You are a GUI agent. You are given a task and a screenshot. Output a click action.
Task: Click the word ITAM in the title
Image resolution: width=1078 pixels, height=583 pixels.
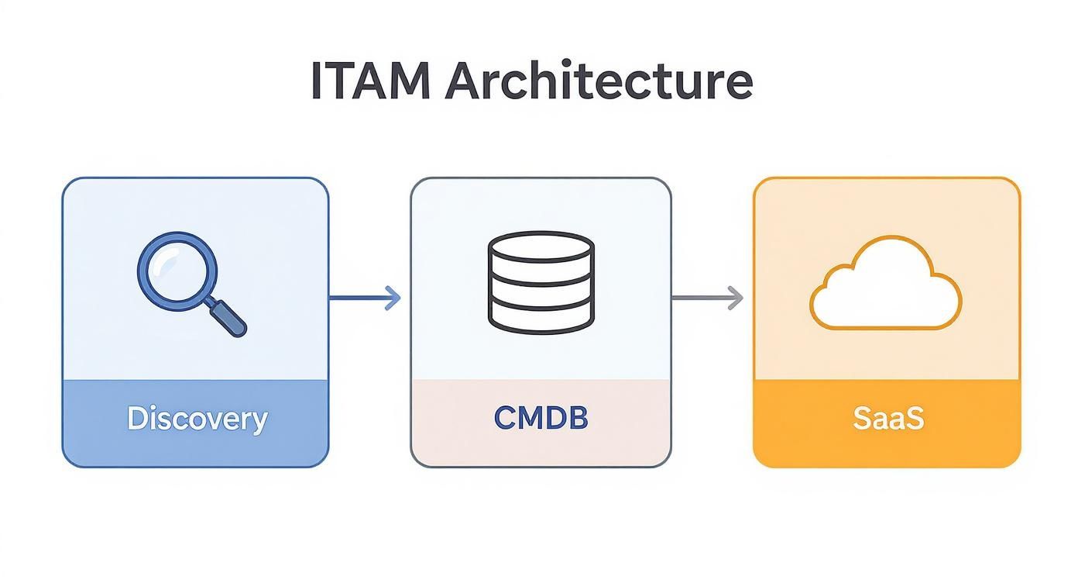(x=369, y=81)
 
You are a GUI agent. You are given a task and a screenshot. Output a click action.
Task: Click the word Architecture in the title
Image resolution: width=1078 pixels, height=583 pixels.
(x=598, y=81)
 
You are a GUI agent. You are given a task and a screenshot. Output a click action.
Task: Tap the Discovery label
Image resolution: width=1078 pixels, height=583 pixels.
(x=197, y=419)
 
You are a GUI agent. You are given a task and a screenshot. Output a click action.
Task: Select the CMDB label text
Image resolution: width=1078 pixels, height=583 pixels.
(x=541, y=419)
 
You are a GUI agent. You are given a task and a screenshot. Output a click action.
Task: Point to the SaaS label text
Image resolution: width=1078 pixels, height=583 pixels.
(x=887, y=419)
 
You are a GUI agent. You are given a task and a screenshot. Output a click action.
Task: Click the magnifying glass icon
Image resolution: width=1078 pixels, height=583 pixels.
(x=191, y=284)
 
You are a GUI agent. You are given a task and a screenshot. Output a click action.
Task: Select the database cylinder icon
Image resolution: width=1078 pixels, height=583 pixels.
(x=541, y=283)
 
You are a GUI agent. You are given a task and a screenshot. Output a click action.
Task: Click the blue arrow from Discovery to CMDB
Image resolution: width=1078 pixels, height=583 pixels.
(x=364, y=298)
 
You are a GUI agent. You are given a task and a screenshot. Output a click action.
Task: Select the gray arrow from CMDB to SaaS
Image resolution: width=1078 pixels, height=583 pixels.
(x=706, y=298)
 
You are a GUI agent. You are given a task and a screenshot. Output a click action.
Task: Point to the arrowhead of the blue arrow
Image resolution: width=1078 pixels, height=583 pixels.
(x=394, y=298)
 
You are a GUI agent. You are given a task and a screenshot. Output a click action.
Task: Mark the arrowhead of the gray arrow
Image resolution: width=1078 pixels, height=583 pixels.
(x=736, y=298)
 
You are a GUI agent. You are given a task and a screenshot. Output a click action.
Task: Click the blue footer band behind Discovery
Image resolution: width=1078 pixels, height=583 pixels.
(x=93, y=442)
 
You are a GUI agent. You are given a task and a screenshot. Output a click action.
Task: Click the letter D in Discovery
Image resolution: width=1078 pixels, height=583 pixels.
(x=137, y=419)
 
